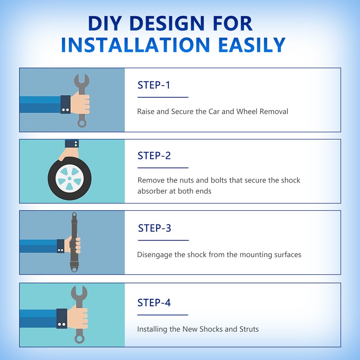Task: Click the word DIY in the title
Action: (x=105, y=23)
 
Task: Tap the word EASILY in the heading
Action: (x=252, y=45)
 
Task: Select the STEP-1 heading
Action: (x=154, y=85)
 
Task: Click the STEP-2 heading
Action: (x=154, y=156)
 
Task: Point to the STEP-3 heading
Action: (x=154, y=228)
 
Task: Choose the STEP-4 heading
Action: (x=154, y=303)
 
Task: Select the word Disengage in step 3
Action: (x=154, y=255)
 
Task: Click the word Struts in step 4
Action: (x=249, y=329)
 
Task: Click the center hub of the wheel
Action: (x=69, y=179)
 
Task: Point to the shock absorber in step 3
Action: (x=74, y=242)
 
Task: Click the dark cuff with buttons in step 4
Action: (x=62, y=319)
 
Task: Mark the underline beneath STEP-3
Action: (x=163, y=240)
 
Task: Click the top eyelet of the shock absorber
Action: (x=74, y=215)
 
